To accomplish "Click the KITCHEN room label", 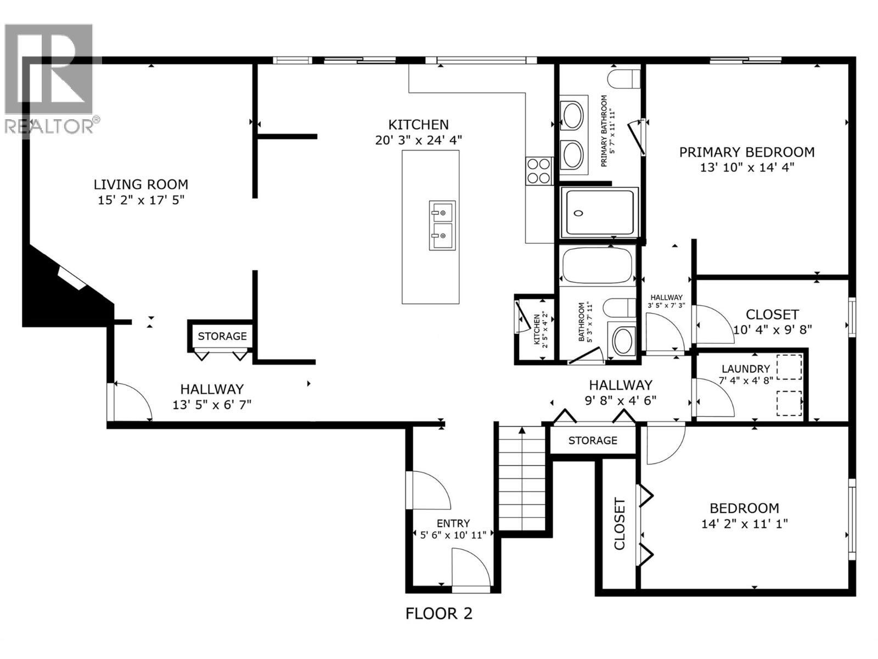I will [x=419, y=125].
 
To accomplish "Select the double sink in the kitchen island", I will [x=442, y=225].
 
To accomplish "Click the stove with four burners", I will [x=539, y=170].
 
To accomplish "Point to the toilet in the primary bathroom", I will [x=625, y=78].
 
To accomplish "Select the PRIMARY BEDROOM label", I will [x=747, y=152].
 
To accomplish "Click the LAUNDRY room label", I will [x=745, y=369].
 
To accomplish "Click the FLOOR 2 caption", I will [x=438, y=613].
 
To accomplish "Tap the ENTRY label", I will [x=453, y=523].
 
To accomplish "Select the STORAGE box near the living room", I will [x=222, y=336].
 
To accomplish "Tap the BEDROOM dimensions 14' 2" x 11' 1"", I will [x=744, y=524].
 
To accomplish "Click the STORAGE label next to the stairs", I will [x=593, y=440].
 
